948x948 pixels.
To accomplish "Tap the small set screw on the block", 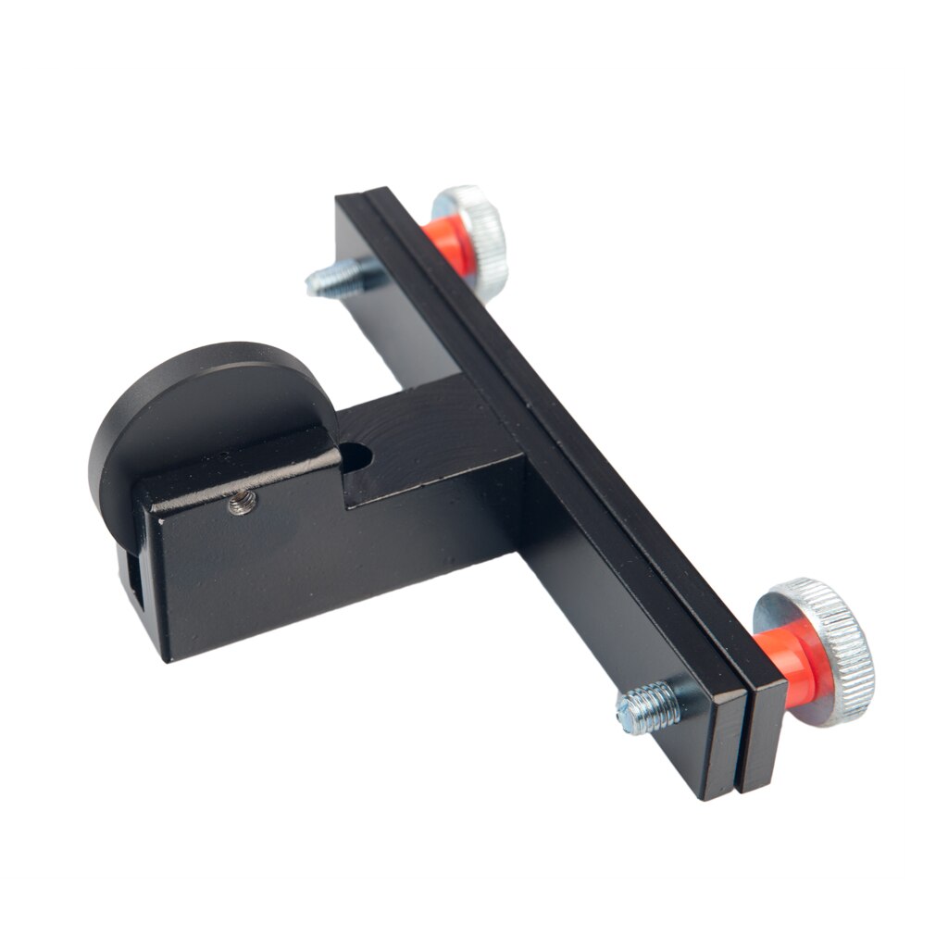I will [x=243, y=503].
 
